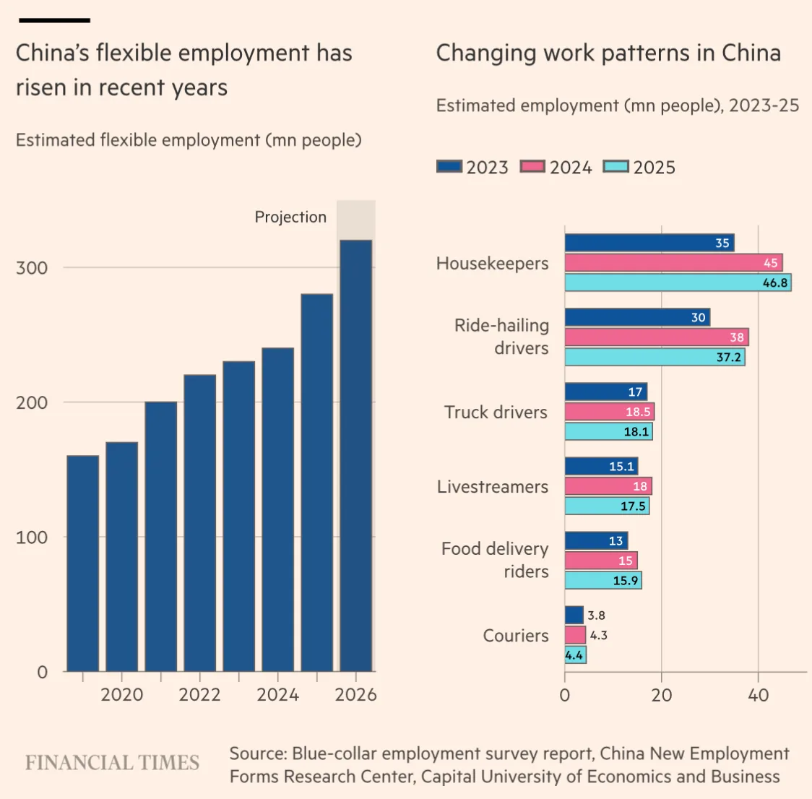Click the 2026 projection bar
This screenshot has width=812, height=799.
click(x=355, y=456)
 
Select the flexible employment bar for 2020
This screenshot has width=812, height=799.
click(x=121, y=557)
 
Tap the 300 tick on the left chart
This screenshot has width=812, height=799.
click(x=32, y=268)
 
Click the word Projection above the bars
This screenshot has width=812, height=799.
click(x=290, y=217)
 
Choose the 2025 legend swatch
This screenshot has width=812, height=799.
click(x=616, y=167)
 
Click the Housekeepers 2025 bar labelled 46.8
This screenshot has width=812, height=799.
click(x=678, y=282)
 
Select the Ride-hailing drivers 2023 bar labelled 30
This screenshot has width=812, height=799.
click(x=637, y=317)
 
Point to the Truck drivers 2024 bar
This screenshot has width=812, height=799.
click(x=610, y=412)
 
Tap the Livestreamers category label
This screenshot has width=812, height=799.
click(x=493, y=487)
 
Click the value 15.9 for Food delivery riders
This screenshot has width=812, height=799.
click(x=625, y=581)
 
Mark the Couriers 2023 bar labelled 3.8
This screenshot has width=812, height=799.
click(x=574, y=616)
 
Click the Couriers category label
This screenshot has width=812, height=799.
click(x=516, y=635)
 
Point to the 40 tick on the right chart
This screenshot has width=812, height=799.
click(x=758, y=695)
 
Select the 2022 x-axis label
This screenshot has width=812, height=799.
click(x=200, y=695)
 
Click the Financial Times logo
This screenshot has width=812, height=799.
click(x=113, y=763)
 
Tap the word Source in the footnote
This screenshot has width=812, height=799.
click(x=258, y=753)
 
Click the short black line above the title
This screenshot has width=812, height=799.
click(x=54, y=20)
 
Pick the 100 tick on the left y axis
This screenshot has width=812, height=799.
click(x=32, y=537)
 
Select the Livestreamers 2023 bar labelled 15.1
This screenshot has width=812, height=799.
click(x=601, y=466)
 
